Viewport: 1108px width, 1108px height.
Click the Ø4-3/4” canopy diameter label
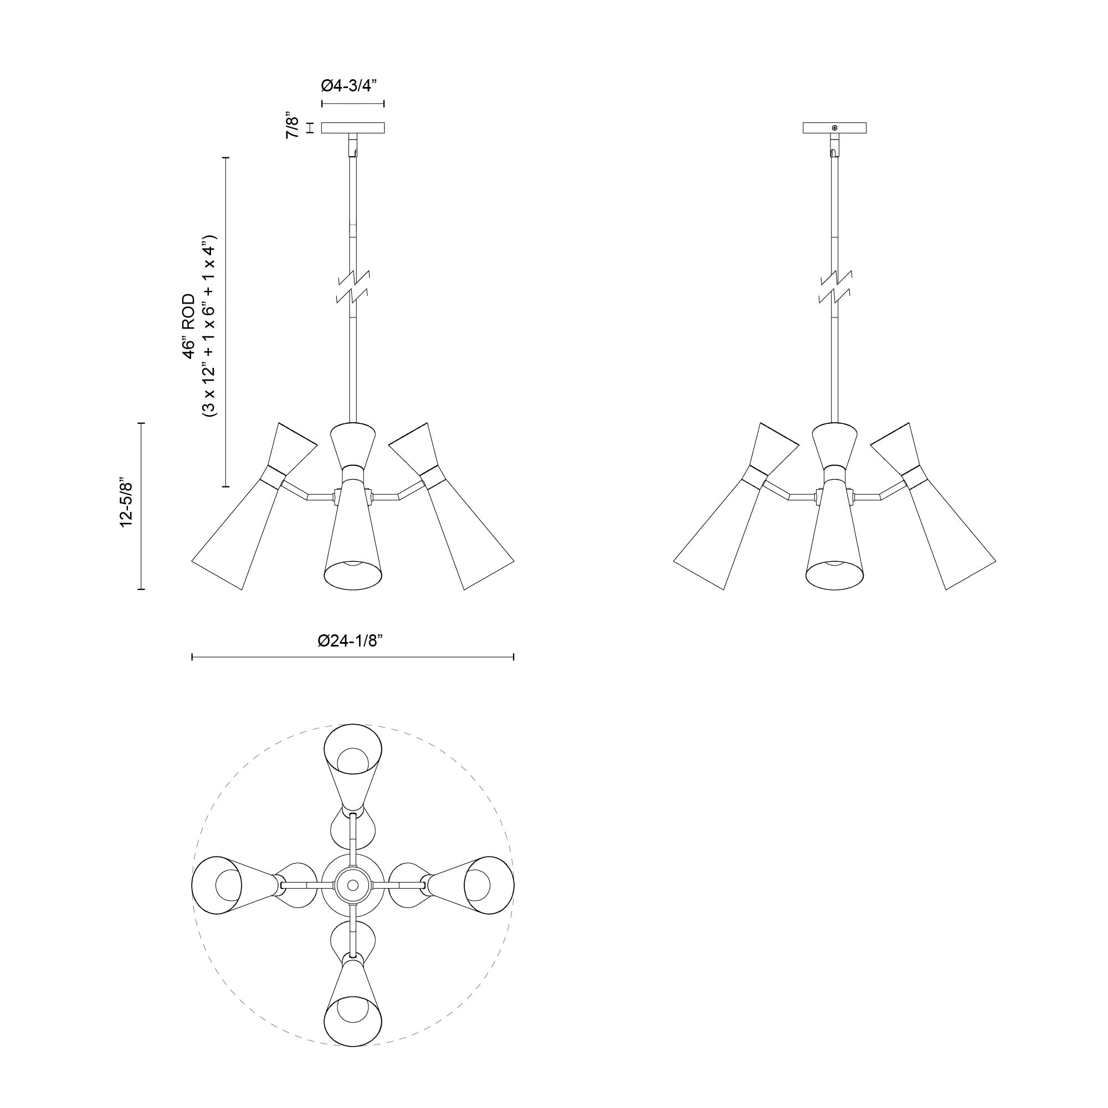[352, 86]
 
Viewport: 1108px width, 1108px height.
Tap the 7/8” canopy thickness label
[293, 127]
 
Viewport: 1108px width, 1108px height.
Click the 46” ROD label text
[189, 327]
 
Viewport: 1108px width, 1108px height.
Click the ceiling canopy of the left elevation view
[353, 128]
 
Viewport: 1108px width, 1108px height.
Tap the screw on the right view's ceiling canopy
[834, 127]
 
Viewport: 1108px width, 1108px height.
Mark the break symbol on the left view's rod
[353, 287]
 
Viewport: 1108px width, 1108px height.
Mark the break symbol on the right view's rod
[835, 287]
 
